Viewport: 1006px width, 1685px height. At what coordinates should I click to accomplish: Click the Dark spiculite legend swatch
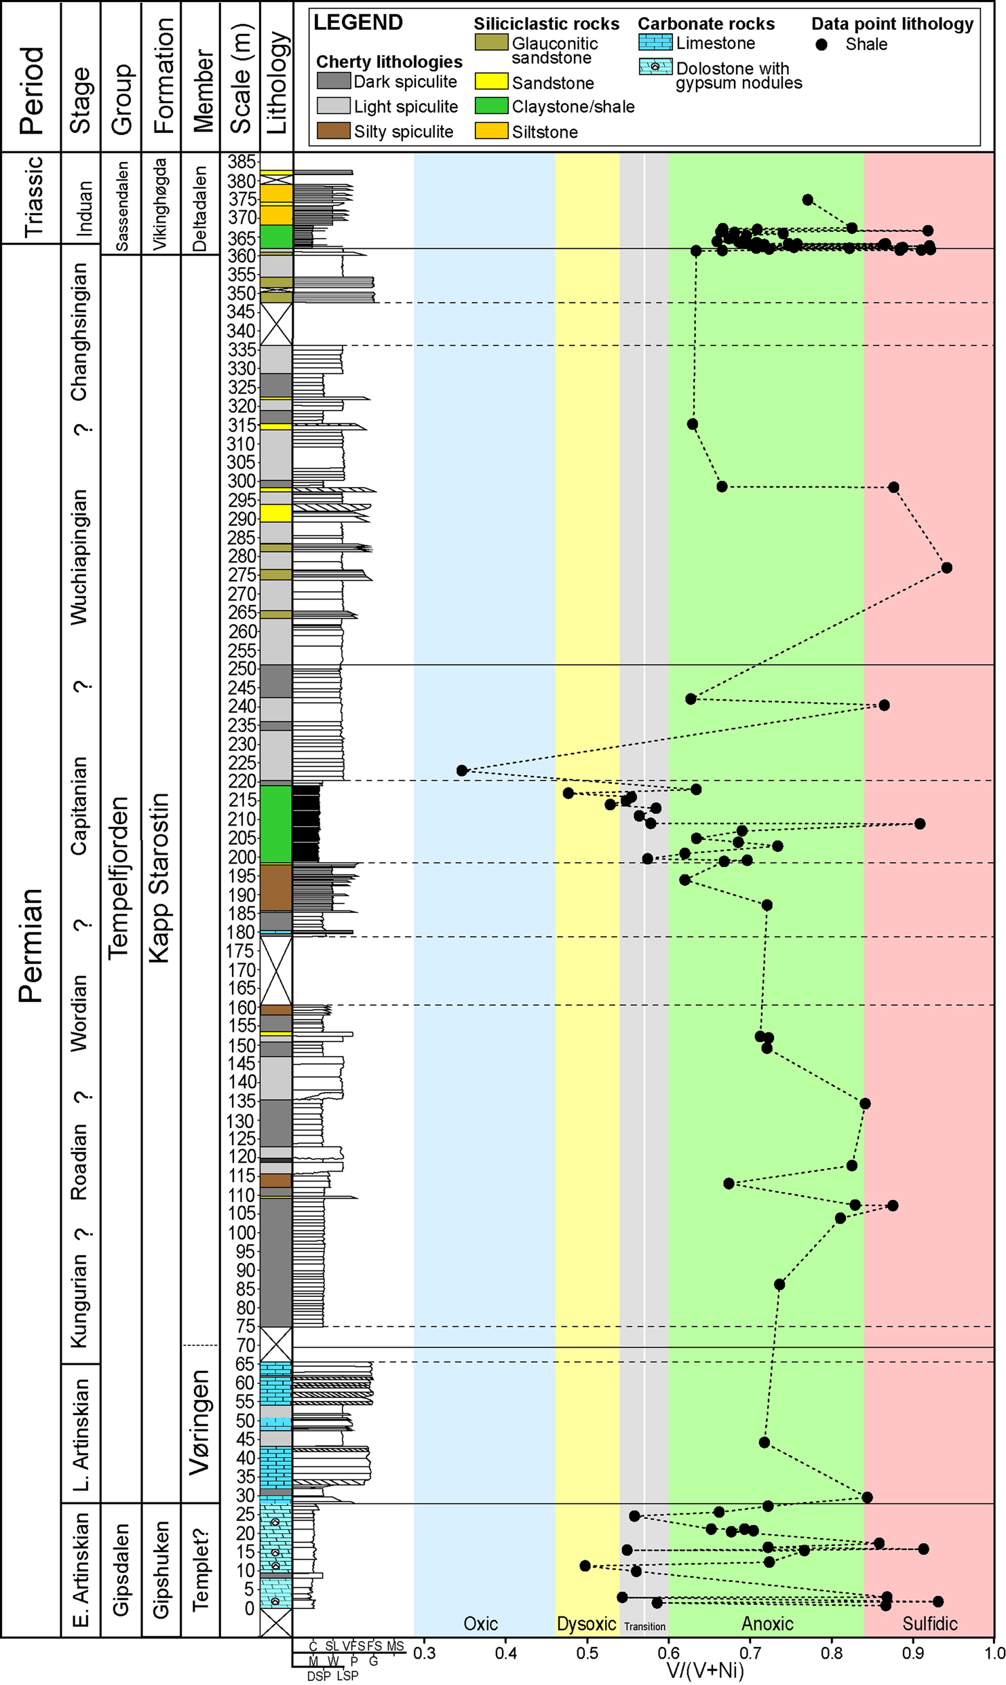(x=333, y=81)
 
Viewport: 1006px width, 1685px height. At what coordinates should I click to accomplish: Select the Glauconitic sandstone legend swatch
(x=491, y=42)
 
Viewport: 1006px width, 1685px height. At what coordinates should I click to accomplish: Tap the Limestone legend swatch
(x=655, y=43)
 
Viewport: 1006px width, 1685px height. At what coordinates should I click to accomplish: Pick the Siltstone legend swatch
(x=491, y=131)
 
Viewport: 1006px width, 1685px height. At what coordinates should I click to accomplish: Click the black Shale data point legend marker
(x=821, y=45)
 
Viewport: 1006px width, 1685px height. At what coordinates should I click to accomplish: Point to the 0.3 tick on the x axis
(x=425, y=1652)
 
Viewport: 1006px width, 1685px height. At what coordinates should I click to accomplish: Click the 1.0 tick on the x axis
(x=994, y=1652)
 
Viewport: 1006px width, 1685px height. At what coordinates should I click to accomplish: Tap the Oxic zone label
(x=480, y=1623)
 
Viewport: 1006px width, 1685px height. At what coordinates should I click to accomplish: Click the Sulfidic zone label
(x=929, y=1623)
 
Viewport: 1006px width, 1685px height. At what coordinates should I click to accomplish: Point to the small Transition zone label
(x=644, y=1626)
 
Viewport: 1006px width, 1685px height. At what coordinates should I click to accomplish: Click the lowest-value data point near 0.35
(x=462, y=771)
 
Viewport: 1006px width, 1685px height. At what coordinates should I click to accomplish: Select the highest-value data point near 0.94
(x=947, y=568)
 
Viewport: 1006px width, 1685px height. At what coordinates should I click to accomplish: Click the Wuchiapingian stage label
(x=79, y=556)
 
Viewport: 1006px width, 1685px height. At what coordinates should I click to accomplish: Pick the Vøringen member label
(x=199, y=1421)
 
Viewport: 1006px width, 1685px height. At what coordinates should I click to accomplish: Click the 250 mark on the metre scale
(x=242, y=669)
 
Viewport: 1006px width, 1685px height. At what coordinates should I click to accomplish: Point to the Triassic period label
(x=33, y=197)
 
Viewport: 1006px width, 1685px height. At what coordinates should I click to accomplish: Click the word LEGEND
(x=358, y=23)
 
